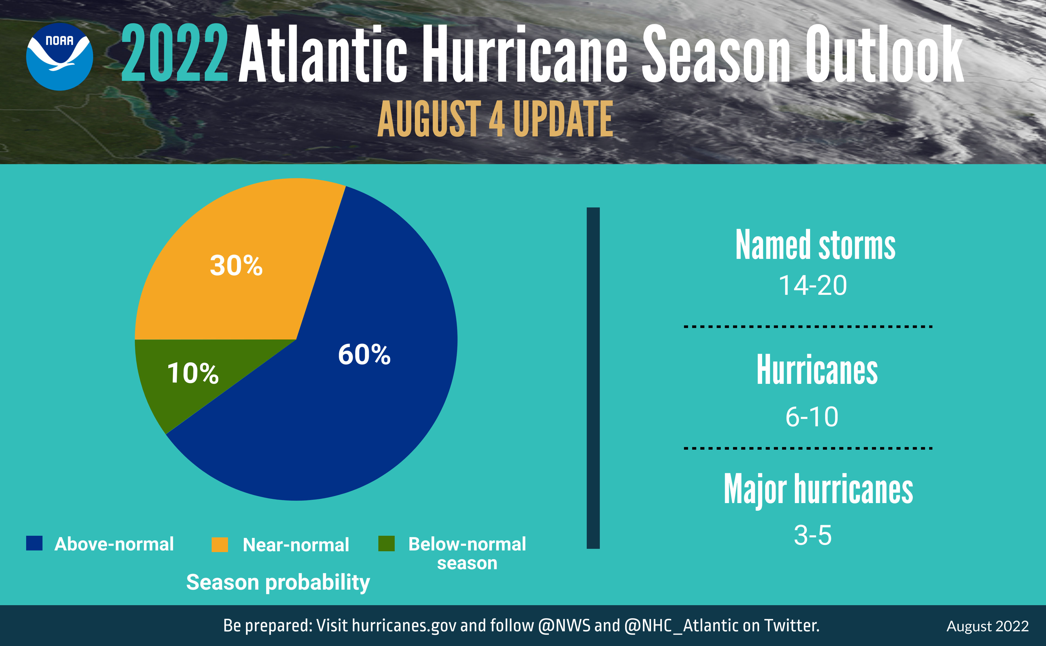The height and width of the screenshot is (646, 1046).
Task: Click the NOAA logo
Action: click(59, 56)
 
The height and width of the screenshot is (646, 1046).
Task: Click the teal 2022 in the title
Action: click(174, 53)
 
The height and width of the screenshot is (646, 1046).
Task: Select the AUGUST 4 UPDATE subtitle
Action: click(495, 119)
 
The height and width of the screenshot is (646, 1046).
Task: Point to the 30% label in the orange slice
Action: click(236, 265)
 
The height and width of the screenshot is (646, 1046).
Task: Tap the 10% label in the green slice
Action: click(193, 373)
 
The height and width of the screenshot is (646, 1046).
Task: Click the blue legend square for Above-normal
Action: click(34, 543)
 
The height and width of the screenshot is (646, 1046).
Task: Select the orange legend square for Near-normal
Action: click(220, 544)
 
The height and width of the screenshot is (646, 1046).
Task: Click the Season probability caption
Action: click(278, 582)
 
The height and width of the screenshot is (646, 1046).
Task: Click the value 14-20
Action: click(812, 285)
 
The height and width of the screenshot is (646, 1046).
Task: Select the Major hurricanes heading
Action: click(818, 490)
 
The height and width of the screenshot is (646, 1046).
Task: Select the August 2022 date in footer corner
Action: click(987, 626)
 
